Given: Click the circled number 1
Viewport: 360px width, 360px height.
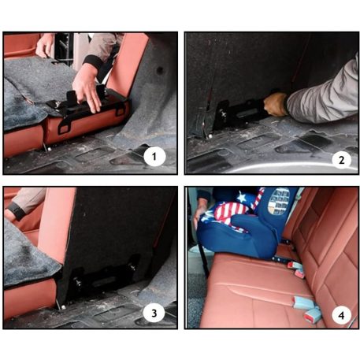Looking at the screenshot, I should (155, 156).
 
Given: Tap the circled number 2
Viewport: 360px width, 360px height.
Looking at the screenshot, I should (340, 159).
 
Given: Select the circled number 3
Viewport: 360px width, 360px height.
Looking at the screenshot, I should (155, 313).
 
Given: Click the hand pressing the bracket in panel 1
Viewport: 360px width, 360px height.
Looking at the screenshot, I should (87, 88).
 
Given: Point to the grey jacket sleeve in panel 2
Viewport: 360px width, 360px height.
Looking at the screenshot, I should (323, 95).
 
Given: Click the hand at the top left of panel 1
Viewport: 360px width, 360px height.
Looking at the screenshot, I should (46, 44).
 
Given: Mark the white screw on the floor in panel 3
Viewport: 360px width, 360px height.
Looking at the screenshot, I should (61, 305).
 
